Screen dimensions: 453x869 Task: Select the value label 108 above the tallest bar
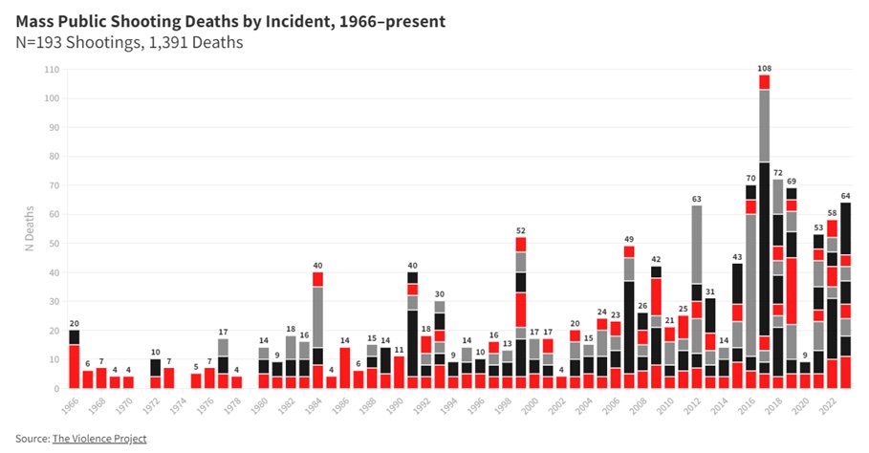765,68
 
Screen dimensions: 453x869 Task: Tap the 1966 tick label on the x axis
70,404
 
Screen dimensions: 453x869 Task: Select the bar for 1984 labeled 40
317,331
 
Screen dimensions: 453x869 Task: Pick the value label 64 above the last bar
845,196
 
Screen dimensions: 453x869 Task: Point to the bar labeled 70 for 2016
751,287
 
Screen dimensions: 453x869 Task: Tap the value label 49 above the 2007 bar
629,240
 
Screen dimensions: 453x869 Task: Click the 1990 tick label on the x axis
394,404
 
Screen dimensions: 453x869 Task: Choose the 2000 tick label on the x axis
530,404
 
